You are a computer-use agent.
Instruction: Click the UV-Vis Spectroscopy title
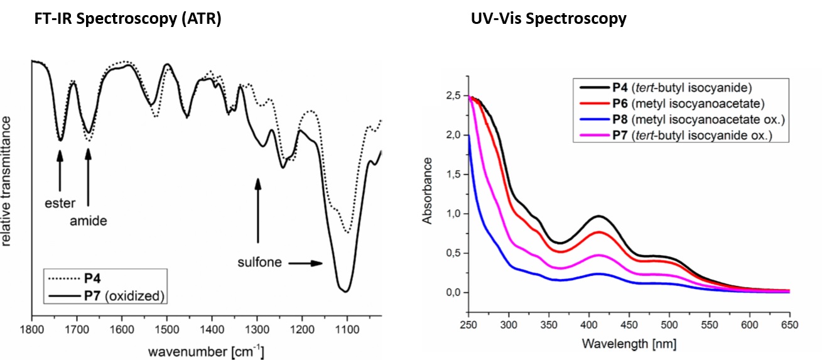coord(548,19)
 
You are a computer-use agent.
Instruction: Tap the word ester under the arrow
coord(60,204)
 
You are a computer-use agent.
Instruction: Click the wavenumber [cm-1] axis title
coord(206,350)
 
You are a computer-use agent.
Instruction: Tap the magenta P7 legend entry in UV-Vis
coord(669,136)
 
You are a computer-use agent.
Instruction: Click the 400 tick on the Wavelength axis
coord(589,325)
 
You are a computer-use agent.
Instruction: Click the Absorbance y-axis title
coord(428,190)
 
